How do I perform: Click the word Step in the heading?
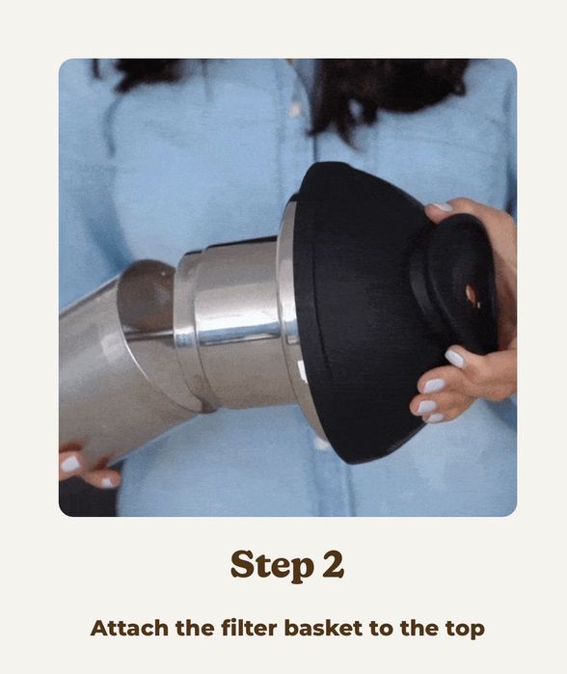click(272, 565)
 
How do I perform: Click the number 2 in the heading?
click(333, 563)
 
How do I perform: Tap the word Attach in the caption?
click(129, 628)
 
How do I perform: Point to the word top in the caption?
click(464, 630)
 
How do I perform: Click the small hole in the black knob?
click(472, 293)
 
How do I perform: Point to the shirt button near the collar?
click(295, 109)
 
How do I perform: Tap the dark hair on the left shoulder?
click(142, 73)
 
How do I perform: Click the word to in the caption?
click(381, 629)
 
